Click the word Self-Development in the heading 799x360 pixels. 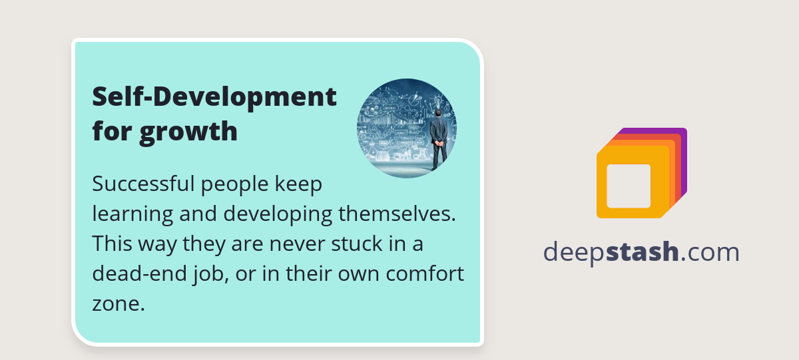pos(214,97)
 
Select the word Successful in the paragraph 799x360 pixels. pos(143,184)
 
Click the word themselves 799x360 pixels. pos(397,214)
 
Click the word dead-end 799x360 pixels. pos(139,273)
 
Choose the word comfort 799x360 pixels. pos(425,273)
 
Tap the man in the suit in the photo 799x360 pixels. pos(439,140)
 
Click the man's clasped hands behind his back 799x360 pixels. pos(439,143)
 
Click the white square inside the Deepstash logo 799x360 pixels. pos(629,186)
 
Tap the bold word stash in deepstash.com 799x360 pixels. pos(642,252)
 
